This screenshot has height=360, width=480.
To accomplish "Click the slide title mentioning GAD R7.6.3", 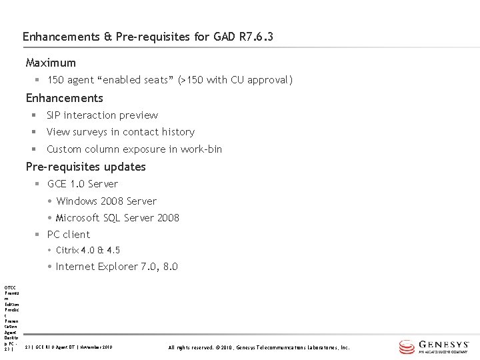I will tap(147, 37).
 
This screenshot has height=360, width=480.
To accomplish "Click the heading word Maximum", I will tap(51, 63).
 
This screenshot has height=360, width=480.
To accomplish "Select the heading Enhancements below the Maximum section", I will tap(64, 98).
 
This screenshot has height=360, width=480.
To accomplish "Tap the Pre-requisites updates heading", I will tap(85, 167).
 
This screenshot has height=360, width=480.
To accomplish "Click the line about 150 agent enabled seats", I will tap(170, 80).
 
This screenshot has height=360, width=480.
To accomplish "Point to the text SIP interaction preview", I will tap(102, 115).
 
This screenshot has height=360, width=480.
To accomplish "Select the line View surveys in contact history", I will tap(120, 132).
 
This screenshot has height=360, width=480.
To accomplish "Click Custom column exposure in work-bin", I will tap(134, 149).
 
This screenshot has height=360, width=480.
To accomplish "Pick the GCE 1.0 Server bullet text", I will tap(83, 184).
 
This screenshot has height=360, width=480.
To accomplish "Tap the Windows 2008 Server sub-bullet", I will tap(107, 201).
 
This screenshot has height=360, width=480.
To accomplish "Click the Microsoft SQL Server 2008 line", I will tap(117, 218).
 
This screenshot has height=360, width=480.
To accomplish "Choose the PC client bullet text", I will tap(68, 235).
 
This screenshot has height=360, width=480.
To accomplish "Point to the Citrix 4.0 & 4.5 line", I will tap(88, 251).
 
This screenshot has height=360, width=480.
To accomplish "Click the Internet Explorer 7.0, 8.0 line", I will tap(117, 267).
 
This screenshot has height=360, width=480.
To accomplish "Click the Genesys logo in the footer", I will tap(435, 347).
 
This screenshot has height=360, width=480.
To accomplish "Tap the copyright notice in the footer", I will tap(259, 347).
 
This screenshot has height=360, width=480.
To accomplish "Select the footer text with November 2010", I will tap(69, 347).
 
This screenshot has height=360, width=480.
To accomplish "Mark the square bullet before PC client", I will tap(39, 235).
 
